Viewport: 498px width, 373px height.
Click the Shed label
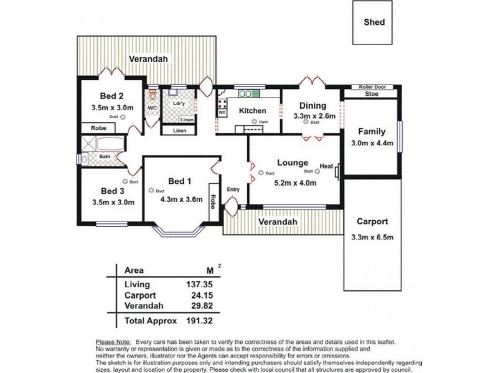click(374, 22)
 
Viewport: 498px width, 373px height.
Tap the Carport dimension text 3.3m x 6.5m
click(373, 236)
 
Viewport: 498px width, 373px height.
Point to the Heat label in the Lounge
click(326, 167)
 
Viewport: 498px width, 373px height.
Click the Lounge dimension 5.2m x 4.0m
click(295, 183)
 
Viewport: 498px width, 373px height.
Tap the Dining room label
click(313, 106)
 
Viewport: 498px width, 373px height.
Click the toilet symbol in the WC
click(152, 96)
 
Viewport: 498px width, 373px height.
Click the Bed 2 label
click(112, 96)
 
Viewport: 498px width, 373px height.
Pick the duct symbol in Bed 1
click(151, 190)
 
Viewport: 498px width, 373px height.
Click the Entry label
click(233, 189)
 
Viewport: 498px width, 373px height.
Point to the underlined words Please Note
click(112, 343)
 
